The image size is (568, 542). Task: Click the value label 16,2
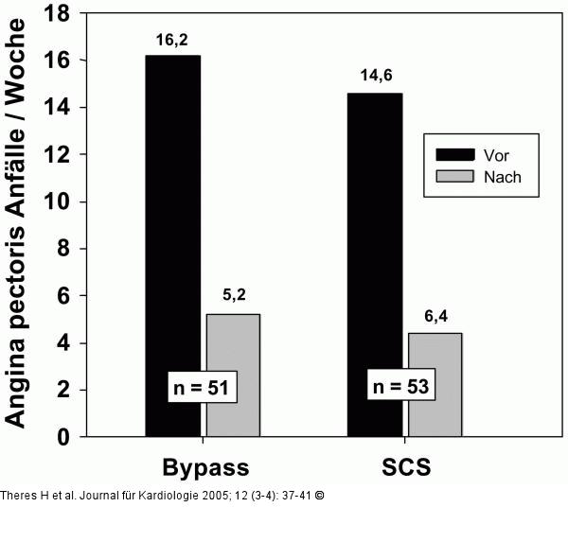pyautogui.click(x=172, y=42)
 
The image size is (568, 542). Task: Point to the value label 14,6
pyautogui.click(x=375, y=75)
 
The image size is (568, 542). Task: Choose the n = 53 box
pyautogui.click(x=402, y=386)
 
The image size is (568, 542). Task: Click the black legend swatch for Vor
pyautogui.click(x=453, y=153)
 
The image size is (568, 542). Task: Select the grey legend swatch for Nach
pyautogui.click(x=453, y=176)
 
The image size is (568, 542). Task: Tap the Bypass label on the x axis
pyautogui.click(x=205, y=467)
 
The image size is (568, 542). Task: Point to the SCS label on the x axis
pyautogui.click(x=405, y=467)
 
